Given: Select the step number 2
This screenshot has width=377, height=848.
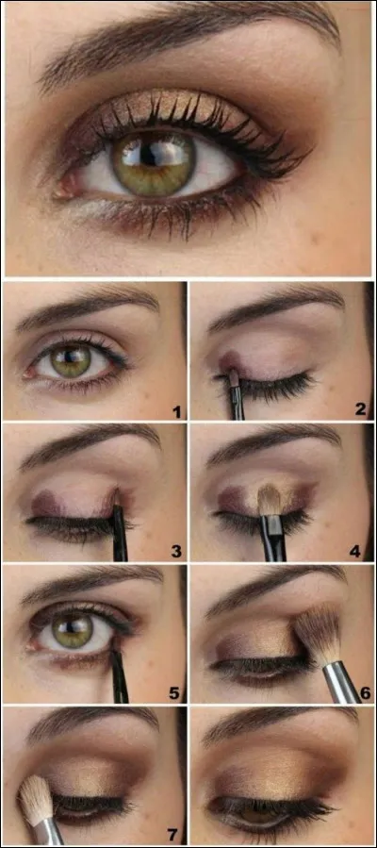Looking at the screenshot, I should click(359, 409).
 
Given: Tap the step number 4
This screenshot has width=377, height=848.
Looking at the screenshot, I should click(359, 550).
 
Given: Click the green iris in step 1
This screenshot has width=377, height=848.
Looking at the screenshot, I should click(70, 361).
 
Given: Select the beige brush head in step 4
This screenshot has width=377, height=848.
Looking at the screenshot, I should click(270, 500).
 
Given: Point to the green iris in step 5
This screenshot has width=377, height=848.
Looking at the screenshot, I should click(72, 631).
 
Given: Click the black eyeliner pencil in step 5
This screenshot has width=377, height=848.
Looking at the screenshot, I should click(119, 674).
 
